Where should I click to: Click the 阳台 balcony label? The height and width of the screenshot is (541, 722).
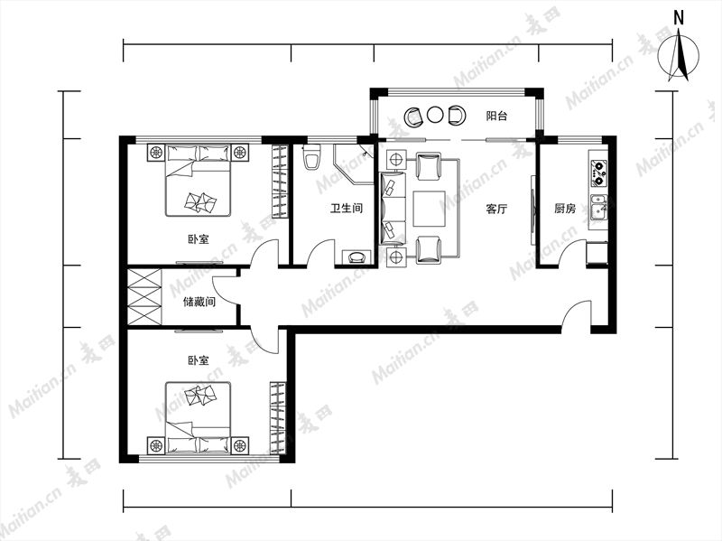tap(497, 116)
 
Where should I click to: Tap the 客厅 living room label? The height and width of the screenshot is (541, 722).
tap(497, 209)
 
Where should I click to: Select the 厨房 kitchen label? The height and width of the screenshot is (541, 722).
tap(565, 209)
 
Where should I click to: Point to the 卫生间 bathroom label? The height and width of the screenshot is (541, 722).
tap(347, 209)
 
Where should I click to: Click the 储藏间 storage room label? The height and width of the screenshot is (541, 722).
tap(199, 302)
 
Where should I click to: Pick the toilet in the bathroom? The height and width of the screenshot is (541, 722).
tap(311, 158)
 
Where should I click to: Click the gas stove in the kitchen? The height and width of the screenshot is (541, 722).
tap(598, 173)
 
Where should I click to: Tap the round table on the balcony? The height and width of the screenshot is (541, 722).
tap(434, 115)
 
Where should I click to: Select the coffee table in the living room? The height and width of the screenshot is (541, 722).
tap(430, 209)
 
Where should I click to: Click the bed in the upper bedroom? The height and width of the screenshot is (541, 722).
tap(198, 180)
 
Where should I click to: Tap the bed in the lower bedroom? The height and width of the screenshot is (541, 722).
tap(198, 417)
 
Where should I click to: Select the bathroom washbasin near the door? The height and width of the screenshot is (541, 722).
tap(356, 257)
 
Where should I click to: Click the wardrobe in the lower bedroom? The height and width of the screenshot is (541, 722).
tap(278, 417)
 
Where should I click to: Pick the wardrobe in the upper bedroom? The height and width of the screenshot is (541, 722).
tap(280, 182)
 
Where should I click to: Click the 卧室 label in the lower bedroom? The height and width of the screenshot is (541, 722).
tap(199, 359)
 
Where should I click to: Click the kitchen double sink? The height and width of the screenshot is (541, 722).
tap(598, 206)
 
